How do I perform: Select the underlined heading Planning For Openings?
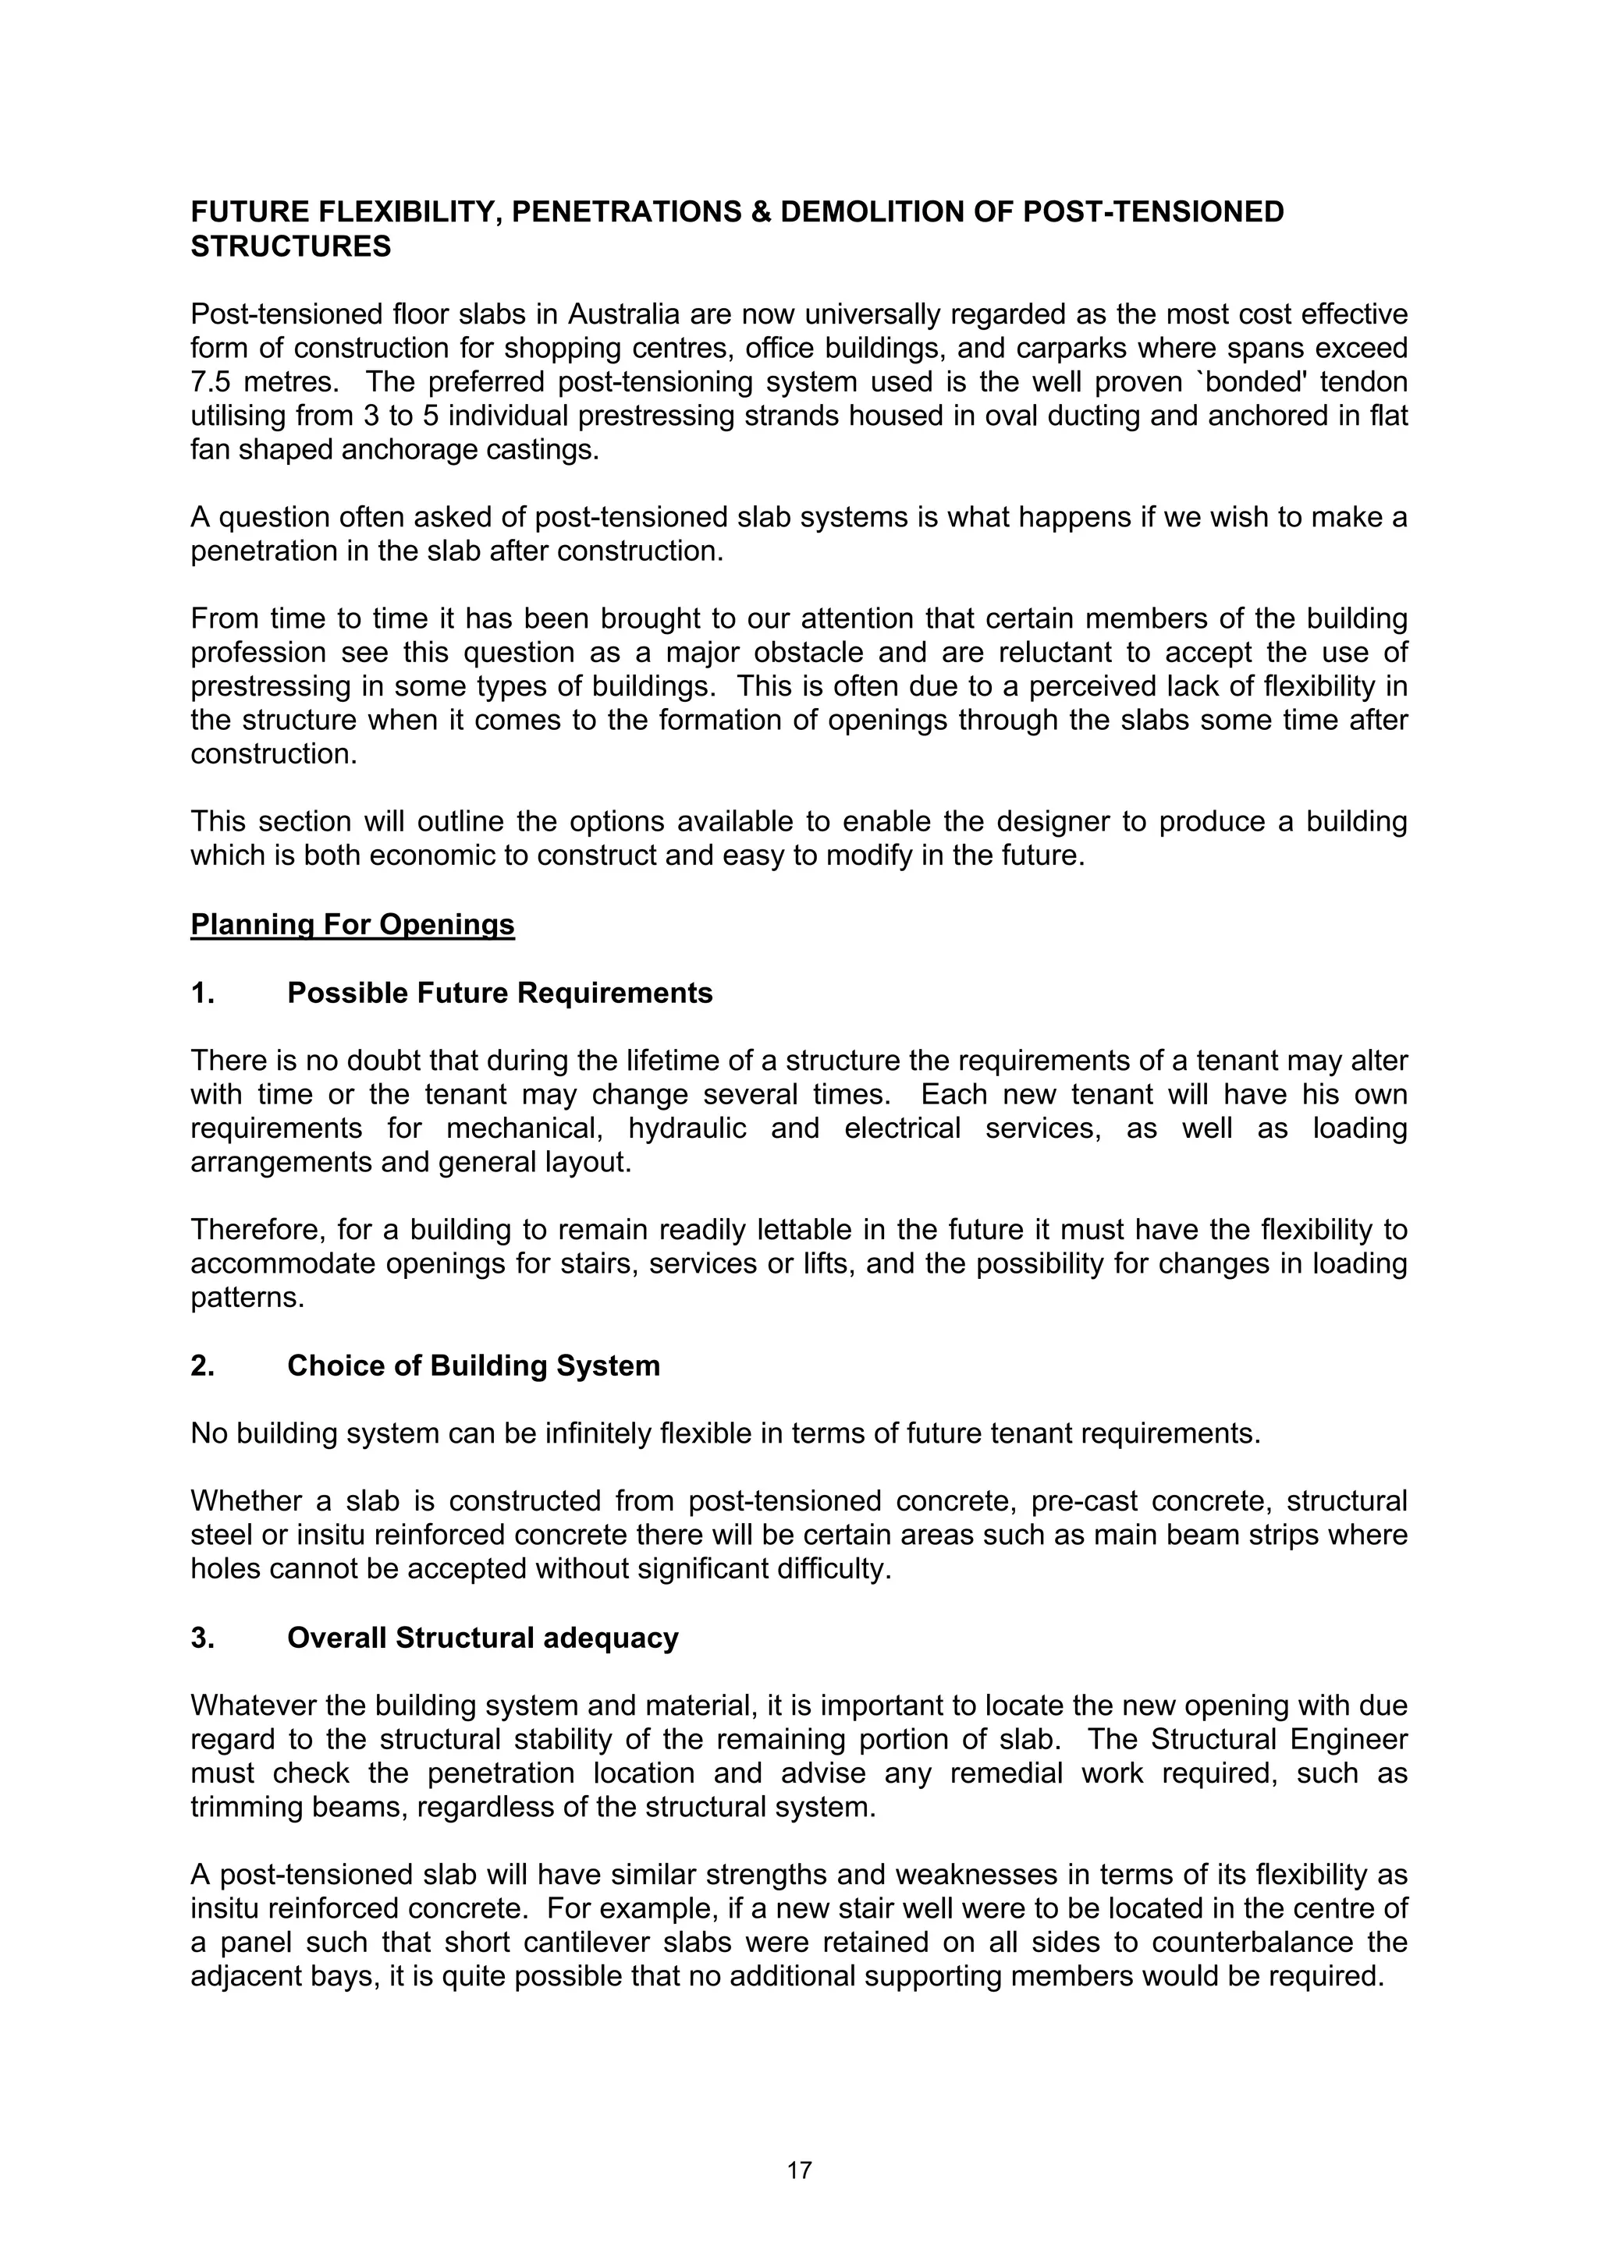pyautogui.click(x=353, y=924)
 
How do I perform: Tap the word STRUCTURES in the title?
pyautogui.click(x=290, y=246)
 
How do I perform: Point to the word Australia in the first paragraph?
pyautogui.click(x=624, y=314)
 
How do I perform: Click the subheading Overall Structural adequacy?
pyautogui.click(x=482, y=1637)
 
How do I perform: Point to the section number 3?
pyautogui.click(x=203, y=1637)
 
